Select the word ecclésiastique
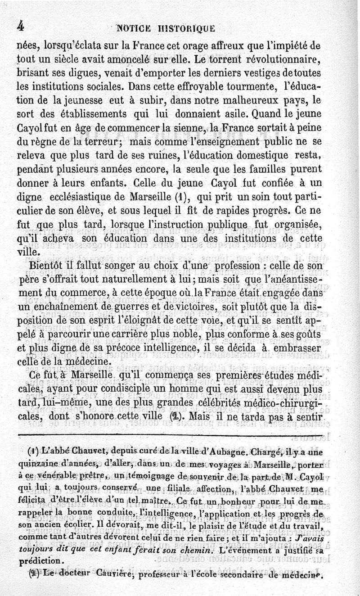(90, 198)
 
